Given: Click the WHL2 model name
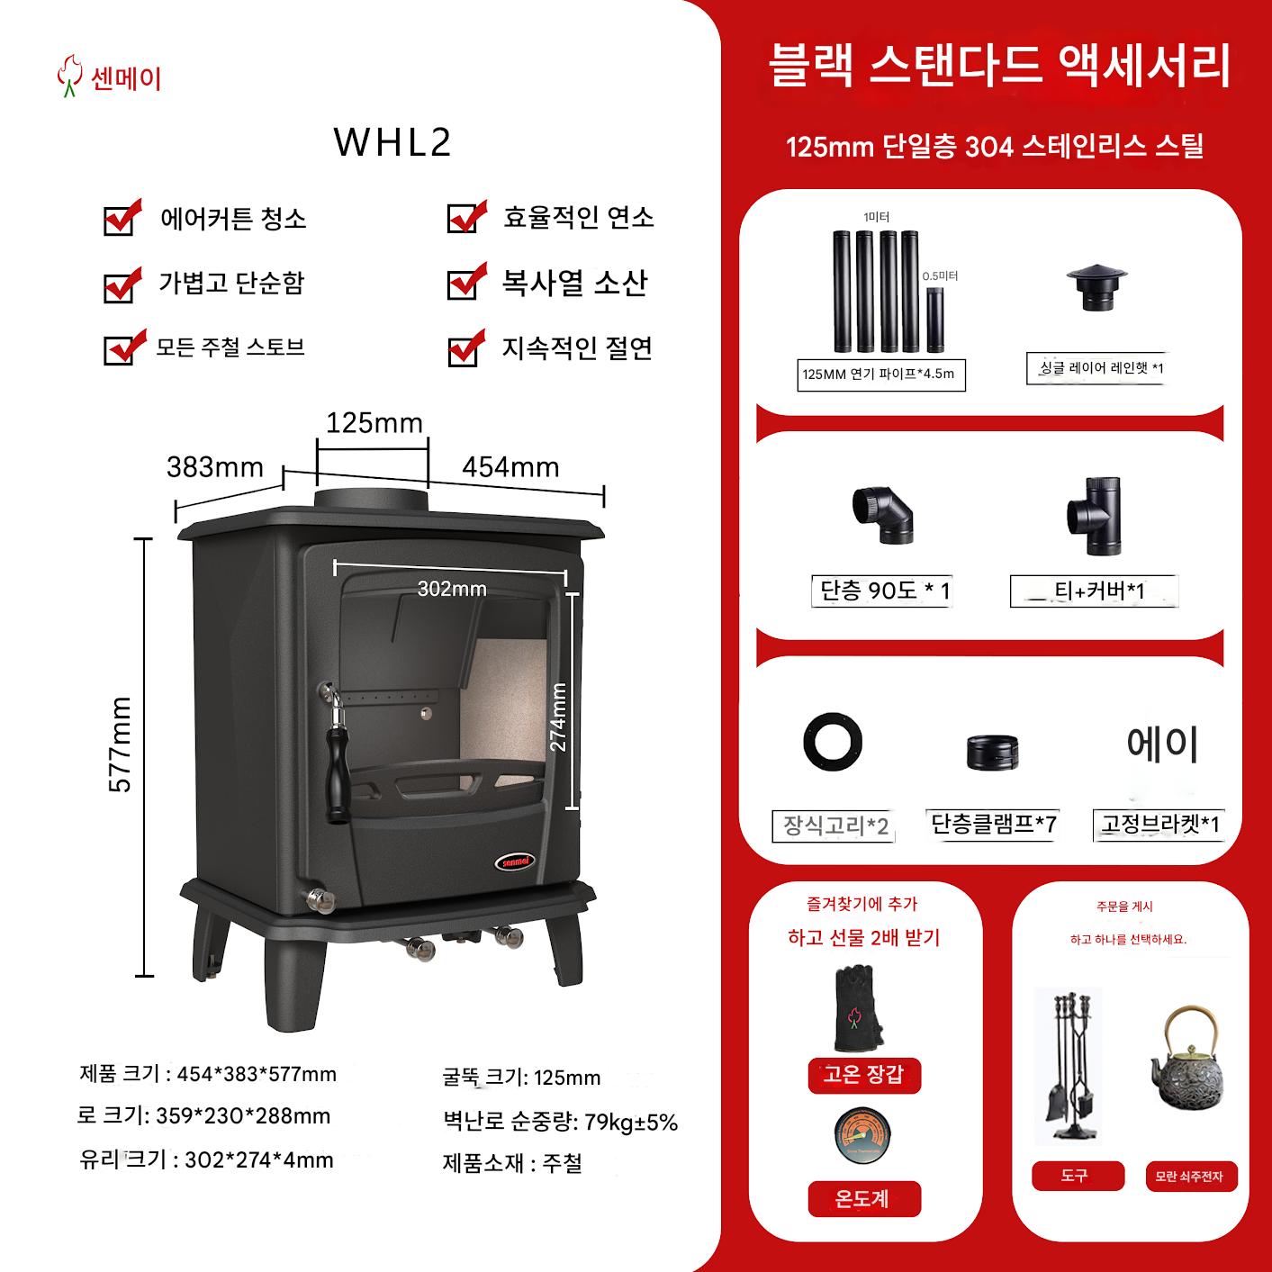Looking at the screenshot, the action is click(x=392, y=141).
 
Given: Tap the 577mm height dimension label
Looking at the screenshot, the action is click(x=120, y=744).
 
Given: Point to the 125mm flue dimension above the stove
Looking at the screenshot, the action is click(x=374, y=423).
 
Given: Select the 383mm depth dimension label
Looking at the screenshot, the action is click(x=214, y=467).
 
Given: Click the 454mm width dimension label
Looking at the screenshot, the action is click(x=510, y=467).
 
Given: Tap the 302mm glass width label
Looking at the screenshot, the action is click(x=452, y=588).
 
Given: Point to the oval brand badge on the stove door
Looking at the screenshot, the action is click(x=514, y=862).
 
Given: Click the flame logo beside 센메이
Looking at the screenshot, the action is click(x=68, y=76).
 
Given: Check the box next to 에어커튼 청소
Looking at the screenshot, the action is click(x=122, y=219).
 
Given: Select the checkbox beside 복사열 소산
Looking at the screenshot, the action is click(x=466, y=283).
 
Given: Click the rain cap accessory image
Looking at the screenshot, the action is click(x=1096, y=287).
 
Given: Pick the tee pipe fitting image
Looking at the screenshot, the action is click(x=1095, y=516).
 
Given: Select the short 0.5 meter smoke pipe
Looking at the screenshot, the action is click(x=934, y=320).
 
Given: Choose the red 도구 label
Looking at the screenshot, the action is click(x=1078, y=1175).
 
